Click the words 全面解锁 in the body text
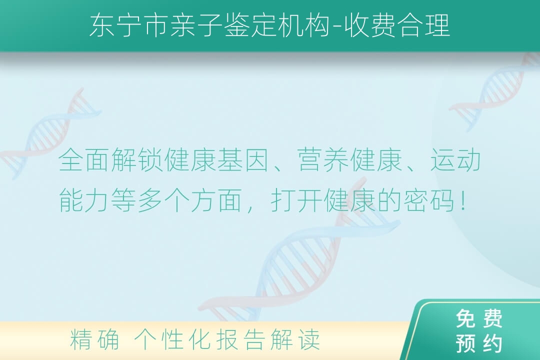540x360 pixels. pos(111,159)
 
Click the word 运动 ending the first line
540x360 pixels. pos(455,159)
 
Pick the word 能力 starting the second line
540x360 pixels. pos(84,200)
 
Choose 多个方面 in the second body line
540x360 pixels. pos(190,200)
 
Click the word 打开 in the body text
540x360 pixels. pos(297,200)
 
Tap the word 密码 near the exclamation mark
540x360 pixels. pos(429,200)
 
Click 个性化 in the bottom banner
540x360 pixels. pos(172,339)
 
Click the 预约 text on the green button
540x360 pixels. pos(479,343)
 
